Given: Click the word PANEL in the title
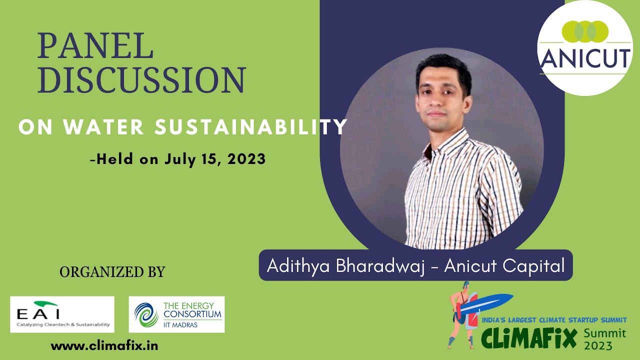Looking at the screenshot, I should click(x=95, y=46).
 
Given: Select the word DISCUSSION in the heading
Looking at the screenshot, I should click(x=141, y=80).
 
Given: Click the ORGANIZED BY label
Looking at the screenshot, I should click(x=112, y=272).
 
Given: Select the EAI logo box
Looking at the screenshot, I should click(x=62, y=314).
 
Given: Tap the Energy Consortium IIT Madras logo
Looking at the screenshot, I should click(x=176, y=314).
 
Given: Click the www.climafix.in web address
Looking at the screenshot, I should click(x=104, y=345).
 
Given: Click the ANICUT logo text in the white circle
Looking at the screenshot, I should click(x=585, y=59).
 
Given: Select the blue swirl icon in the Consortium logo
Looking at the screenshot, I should click(x=145, y=314).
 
